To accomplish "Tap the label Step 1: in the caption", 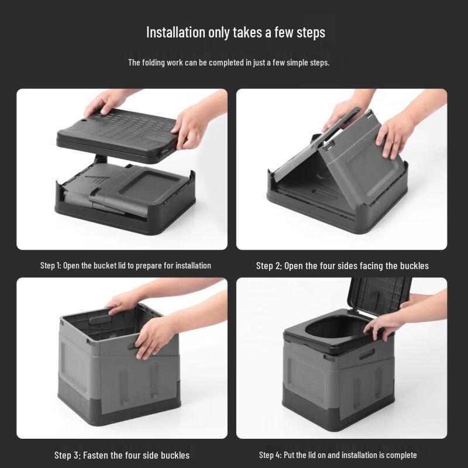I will (50, 266).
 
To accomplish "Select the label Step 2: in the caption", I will (269, 266).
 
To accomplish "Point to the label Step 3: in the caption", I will (67, 455).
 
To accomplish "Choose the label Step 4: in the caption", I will (271, 455).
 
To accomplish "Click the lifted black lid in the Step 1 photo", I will (117, 132).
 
